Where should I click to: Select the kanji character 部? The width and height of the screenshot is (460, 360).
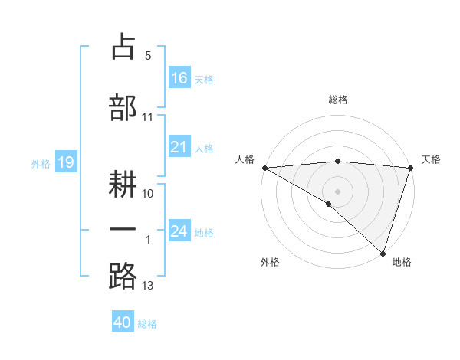[123, 106]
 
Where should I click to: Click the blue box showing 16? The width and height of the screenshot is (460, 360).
[179, 77]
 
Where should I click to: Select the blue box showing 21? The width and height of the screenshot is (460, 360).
[179, 147]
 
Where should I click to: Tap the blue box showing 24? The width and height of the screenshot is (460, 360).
[179, 231]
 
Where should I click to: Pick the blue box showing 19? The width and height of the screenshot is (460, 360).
[65, 162]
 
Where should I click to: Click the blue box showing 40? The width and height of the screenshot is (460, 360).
[123, 322]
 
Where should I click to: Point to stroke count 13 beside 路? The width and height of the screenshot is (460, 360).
[148, 286]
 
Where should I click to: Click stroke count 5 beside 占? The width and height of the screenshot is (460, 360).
[148, 56]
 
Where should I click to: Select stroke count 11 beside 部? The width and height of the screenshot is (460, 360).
[148, 117]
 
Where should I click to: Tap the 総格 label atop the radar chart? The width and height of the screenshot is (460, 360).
[337, 100]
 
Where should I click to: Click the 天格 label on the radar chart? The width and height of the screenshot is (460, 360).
[432, 159]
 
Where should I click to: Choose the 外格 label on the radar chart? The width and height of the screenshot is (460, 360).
[270, 263]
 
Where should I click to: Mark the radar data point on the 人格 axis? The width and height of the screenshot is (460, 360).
[264, 167]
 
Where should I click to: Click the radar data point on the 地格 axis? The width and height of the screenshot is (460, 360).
[381, 253]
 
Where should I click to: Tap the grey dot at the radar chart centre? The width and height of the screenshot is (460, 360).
[337, 191]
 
